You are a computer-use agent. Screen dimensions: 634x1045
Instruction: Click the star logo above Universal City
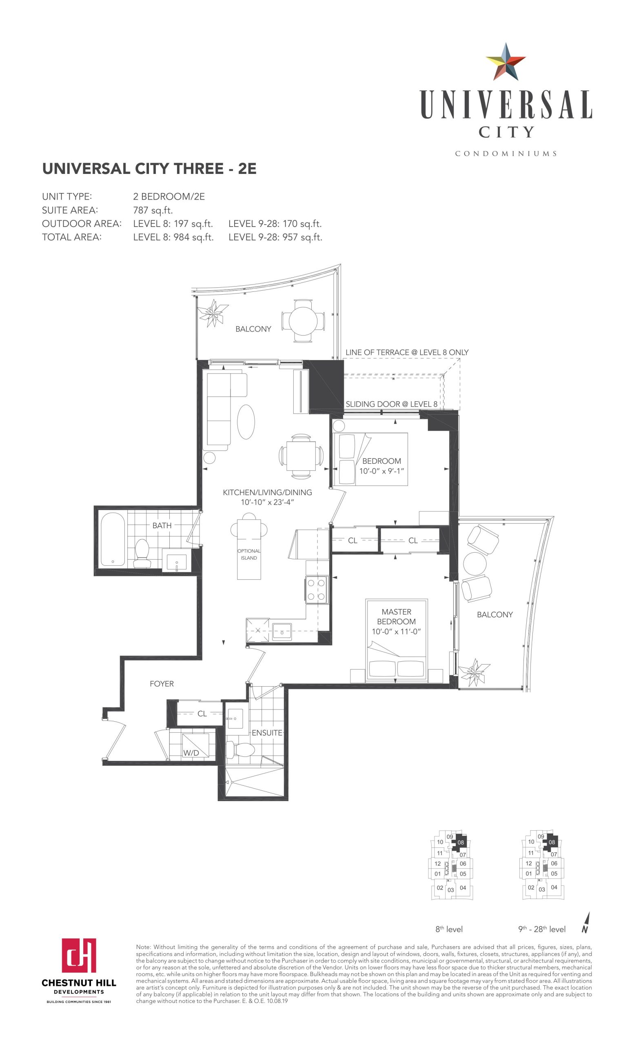pyautogui.click(x=505, y=62)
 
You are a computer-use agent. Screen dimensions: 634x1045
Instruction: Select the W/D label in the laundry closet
pyautogui.click(x=191, y=753)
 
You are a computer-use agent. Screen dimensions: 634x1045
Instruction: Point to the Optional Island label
pyautogui.click(x=249, y=554)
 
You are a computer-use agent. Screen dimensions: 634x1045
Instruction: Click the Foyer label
pyautogui.click(x=162, y=684)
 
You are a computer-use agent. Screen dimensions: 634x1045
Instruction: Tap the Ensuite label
pyautogui.click(x=267, y=733)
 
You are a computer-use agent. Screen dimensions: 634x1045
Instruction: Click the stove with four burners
pyautogui.click(x=317, y=589)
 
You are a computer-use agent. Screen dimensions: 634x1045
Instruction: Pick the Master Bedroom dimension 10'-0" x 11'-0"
pyautogui.click(x=396, y=631)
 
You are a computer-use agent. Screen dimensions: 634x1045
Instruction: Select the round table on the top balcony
pyautogui.click(x=304, y=321)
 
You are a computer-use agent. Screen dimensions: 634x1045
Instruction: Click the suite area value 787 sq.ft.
pyautogui.click(x=153, y=210)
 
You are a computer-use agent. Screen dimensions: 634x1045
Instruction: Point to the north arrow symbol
pyautogui.click(x=586, y=923)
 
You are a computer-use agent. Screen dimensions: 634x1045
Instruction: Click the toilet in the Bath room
pyautogui.click(x=141, y=554)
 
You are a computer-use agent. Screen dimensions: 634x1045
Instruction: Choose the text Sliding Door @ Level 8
pyautogui.click(x=392, y=404)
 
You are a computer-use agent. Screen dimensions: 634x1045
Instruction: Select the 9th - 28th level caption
pyautogui.click(x=542, y=929)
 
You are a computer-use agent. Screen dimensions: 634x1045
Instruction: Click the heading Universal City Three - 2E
pyautogui.click(x=149, y=169)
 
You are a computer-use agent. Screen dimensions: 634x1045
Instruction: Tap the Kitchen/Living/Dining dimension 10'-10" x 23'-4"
pyautogui.click(x=267, y=502)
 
